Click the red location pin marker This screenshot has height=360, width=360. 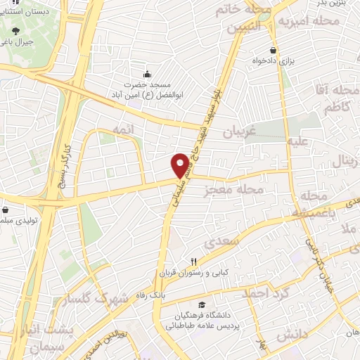pos(181,165)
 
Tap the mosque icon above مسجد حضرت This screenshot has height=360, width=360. pos(147,74)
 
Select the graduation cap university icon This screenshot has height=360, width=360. pos(202,305)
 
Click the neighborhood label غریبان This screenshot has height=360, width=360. pos(238,131)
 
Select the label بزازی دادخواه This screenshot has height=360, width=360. pos(288,61)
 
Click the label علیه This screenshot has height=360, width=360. pos(297,141)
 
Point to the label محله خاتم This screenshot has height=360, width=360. pos(249,9)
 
